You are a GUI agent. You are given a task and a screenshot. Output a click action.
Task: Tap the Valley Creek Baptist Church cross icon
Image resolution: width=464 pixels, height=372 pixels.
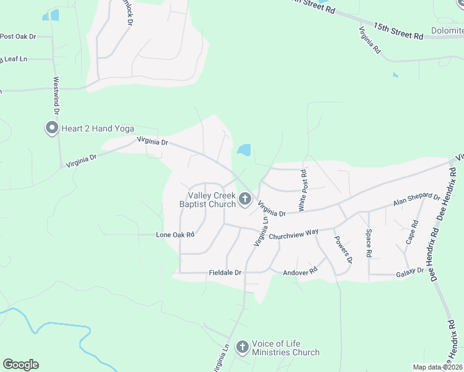click(245, 199)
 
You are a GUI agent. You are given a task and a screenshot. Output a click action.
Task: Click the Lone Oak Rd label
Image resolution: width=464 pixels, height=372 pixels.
click(176, 235)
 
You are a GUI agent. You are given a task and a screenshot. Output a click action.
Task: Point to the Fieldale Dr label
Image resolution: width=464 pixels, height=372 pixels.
click(225, 273)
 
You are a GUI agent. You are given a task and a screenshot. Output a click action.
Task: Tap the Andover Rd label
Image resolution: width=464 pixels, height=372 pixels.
click(300, 272)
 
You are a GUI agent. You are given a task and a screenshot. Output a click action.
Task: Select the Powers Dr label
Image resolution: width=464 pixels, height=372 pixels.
click(342, 249)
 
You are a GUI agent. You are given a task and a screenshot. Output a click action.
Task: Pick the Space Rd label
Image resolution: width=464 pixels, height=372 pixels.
click(368, 244)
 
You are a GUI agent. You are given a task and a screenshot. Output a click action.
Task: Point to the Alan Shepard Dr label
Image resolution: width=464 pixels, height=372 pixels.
click(416, 201)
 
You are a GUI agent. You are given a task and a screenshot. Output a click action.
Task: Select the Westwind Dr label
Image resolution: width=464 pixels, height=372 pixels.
click(56, 96)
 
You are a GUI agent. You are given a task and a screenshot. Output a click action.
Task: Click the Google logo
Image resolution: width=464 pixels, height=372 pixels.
click(20, 365)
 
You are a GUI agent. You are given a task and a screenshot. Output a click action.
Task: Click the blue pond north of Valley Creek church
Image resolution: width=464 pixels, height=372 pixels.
click(244, 150)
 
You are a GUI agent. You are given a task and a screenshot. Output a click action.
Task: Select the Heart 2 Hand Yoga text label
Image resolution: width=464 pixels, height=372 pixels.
click(98, 128)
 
